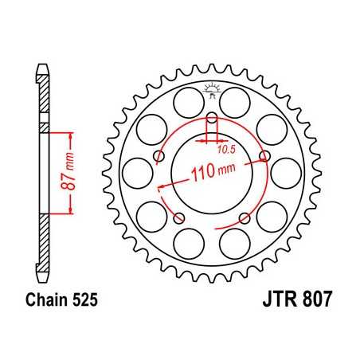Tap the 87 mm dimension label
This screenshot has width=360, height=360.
(72, 173)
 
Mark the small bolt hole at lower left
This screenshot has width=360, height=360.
(178, 217)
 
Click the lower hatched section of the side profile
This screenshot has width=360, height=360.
(44, 231)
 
